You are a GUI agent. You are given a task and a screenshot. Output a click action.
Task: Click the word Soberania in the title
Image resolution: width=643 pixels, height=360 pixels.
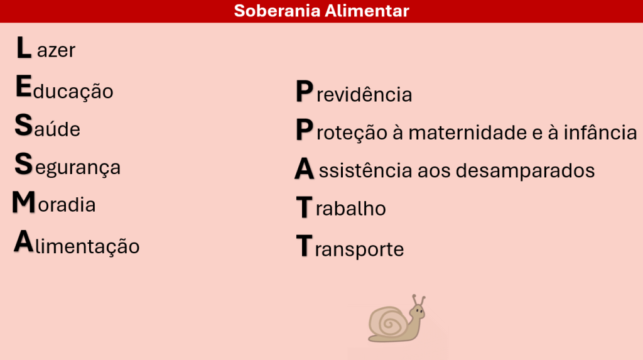coord(277,11)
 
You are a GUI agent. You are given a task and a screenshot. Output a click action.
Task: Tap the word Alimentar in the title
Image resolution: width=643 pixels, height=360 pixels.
coord(367,11)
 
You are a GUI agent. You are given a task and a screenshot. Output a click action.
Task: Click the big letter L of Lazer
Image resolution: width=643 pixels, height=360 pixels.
coord(23,48)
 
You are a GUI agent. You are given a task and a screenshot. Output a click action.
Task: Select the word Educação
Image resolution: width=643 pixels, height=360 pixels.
coord(65,87)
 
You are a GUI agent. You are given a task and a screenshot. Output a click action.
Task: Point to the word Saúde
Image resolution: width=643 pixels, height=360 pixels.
coord(48,126)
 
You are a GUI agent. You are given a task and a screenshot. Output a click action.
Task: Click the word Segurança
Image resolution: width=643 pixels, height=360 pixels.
coord(68,165)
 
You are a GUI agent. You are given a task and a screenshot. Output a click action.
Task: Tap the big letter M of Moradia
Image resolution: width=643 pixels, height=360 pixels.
coord(24,202)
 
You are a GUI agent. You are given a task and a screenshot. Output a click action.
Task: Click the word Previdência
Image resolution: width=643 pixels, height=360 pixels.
coord(354,92)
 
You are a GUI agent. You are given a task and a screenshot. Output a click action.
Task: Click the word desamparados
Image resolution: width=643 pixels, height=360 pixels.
coord(526,170)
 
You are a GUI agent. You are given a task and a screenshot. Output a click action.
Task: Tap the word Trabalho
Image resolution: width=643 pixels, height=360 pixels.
coord(341,207)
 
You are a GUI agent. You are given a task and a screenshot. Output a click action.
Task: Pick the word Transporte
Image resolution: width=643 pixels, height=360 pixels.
coord(350,247)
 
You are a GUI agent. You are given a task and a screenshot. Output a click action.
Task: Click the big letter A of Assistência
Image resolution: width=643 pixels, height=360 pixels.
coord(305,169)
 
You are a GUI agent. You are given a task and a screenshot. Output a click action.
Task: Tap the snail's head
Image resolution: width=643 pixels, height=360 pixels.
coord(418,312)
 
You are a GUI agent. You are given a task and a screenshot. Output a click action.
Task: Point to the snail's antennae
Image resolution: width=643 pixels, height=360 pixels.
coord(419,300)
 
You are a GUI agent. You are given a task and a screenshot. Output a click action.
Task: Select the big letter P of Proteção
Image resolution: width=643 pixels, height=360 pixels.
coord(305,129)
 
